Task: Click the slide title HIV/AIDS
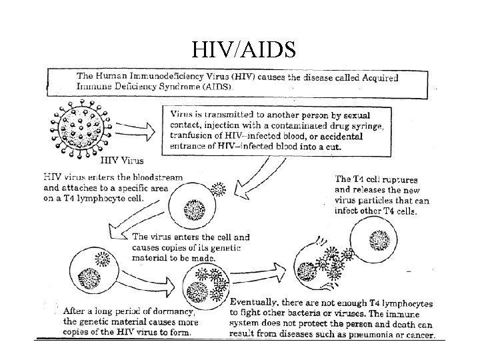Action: click(x=240, y=49)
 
